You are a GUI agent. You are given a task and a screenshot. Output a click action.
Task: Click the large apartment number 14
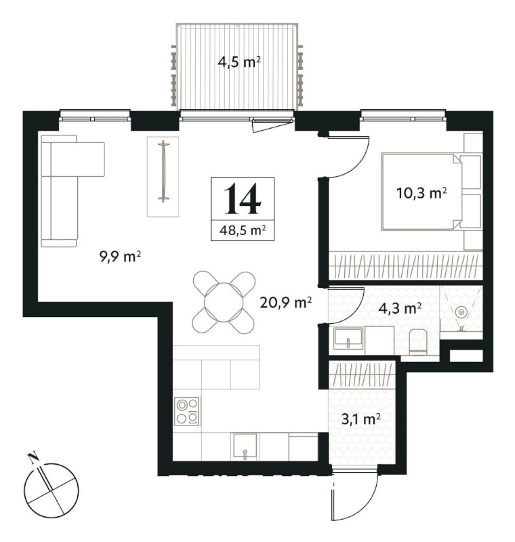pyautogui.click(x=242, y=199)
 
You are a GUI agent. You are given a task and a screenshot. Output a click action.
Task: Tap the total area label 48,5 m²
pyautogui.click(x=243, y=230)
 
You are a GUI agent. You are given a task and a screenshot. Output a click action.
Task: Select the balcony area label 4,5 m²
pyautogui.click(x=239, y=62)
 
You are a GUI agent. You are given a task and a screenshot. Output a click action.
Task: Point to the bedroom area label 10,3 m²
pyautogui.click(x=421, y=193)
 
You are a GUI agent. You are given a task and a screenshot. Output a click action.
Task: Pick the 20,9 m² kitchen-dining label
pyautogui.click(x=286, y=303)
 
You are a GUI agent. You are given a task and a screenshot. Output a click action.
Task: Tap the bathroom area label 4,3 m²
pyautogui.click(x=400, y=308)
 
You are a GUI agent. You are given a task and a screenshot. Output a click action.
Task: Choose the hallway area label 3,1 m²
pyautogui.click(x=361, y=419)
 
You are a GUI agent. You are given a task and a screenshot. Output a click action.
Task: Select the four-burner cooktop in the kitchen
pyautogui.click(x=187, y=411)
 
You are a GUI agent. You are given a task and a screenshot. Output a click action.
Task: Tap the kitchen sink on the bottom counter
pyautogui.click(x=245, y=446)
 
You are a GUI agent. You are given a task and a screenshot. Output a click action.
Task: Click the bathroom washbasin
pyautogui.click(x=348, y=337)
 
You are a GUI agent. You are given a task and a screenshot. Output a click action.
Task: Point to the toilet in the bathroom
pyautogui.click(x=419, y=342)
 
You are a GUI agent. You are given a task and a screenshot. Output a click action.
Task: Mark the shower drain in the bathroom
pyautogui.click(x=461, y=312)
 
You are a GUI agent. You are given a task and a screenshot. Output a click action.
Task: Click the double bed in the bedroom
pyautogui.click(x=421, y=192)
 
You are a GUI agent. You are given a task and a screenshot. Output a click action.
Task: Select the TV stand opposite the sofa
pyautogui.click(x=163, y=177)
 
